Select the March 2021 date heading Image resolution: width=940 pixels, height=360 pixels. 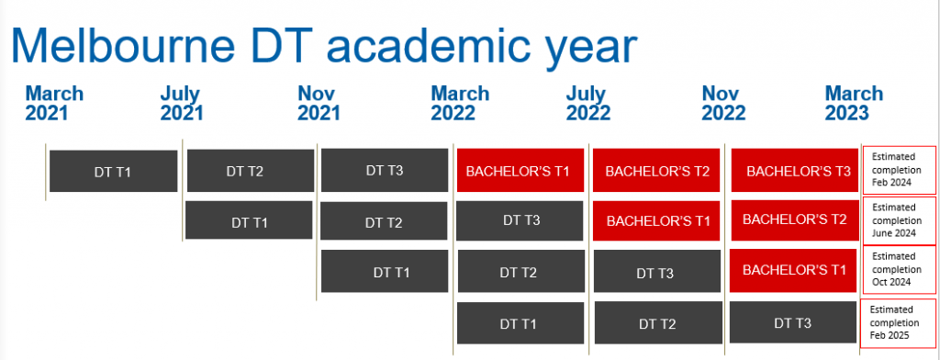tap(54, 103)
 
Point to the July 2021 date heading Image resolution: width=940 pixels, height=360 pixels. tap(182, 103)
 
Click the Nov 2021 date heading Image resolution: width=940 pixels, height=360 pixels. tap(319, 103)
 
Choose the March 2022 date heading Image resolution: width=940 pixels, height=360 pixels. tap(461, 103)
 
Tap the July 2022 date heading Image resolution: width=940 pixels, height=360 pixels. tap(588, 103)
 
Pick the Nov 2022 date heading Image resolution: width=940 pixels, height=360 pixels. tap(723, 103)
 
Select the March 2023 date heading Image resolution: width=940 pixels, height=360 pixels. tap(854, 103)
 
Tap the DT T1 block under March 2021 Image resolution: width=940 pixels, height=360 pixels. tap(113, 172)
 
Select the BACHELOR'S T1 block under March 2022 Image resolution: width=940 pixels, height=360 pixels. tap(520, 171)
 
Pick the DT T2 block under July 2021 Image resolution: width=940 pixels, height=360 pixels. tap(251, 171)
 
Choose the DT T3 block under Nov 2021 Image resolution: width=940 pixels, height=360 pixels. tap(385, 170)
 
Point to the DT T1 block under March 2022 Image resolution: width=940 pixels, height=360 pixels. tap(520, 323)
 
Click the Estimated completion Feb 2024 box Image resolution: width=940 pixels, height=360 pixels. tap(899, 170)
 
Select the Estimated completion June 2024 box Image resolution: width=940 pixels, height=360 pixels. tap(898, 220)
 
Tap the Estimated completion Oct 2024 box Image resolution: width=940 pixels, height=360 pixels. tap(898, 269)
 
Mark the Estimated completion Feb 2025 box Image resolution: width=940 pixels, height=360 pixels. tap(898, 322)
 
